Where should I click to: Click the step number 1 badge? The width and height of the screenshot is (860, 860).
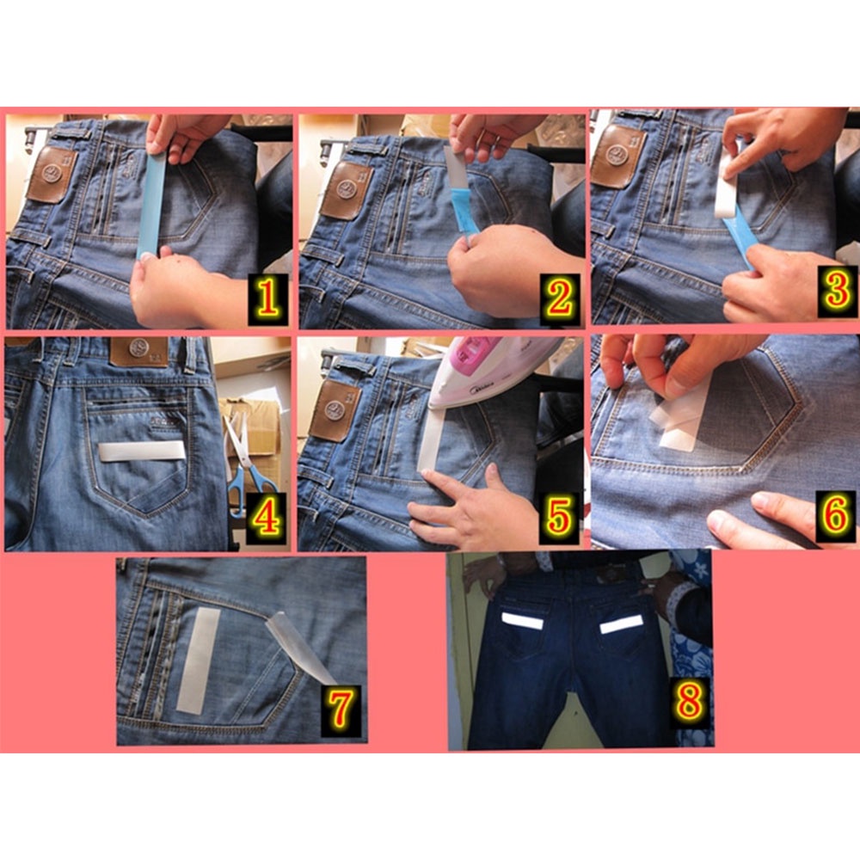pos(267,299)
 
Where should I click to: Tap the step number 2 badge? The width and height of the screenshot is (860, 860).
pos(560,299)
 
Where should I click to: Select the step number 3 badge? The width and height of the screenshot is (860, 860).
pos(837,292)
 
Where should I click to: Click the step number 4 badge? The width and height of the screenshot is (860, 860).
pos(267,518)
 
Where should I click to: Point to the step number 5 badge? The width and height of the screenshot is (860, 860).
pos(559,518)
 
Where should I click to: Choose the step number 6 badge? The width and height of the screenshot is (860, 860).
pos(837,516)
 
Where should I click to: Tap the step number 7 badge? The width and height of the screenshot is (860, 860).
pos(341,709)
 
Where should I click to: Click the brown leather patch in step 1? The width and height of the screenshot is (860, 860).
pos(51,175)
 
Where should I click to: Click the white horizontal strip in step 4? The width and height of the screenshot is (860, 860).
pos(141,451)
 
